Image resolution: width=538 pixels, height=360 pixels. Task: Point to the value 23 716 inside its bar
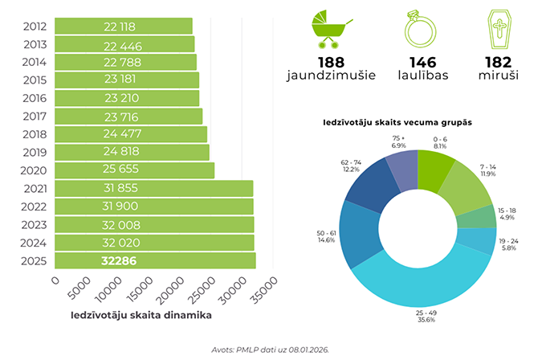point(121,117)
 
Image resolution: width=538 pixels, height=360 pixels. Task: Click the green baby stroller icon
point(329,29)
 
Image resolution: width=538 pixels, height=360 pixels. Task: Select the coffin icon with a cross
point(499,29)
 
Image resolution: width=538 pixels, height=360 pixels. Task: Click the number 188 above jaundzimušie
point(329,63)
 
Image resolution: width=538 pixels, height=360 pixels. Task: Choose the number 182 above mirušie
point(499,63)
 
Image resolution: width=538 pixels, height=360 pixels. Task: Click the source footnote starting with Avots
point(267,350)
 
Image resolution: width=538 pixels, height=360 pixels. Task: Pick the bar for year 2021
point(153,189)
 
